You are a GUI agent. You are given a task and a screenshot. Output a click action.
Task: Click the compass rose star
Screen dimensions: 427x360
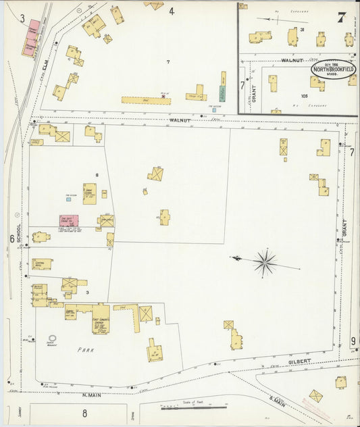pyautogui.click(x=265, y=262)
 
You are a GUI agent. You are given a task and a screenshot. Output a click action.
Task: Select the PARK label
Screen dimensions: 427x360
pyautogui.click(x=85, y=350)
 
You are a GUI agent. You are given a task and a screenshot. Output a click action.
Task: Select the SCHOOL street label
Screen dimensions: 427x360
pyautogui.click(x=19, y=232)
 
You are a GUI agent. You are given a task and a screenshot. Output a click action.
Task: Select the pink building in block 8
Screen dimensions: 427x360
pyautogui.click(x=68, y=220)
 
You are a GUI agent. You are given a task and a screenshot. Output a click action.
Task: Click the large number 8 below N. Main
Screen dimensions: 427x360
pyautogui.click(x=84, y=413)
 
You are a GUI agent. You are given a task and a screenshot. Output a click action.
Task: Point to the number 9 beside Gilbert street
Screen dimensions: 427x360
pyautogui.click(x=353, y=341)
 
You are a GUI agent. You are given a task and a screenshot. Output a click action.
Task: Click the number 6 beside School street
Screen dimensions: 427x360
pyautogui.click(x=11, y=238)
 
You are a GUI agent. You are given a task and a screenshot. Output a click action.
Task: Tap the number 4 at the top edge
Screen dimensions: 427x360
pyautogui.click(x=172, y=11)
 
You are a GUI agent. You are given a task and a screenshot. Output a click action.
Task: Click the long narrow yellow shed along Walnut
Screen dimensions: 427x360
pyautogui.click(x=146, y=99)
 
